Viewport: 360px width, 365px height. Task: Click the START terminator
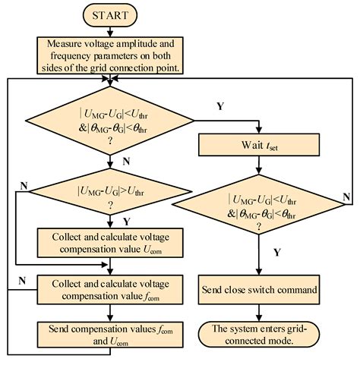pos(110,14)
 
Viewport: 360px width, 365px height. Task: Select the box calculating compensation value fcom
pos(111,288)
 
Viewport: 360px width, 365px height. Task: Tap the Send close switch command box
pos(259,289)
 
